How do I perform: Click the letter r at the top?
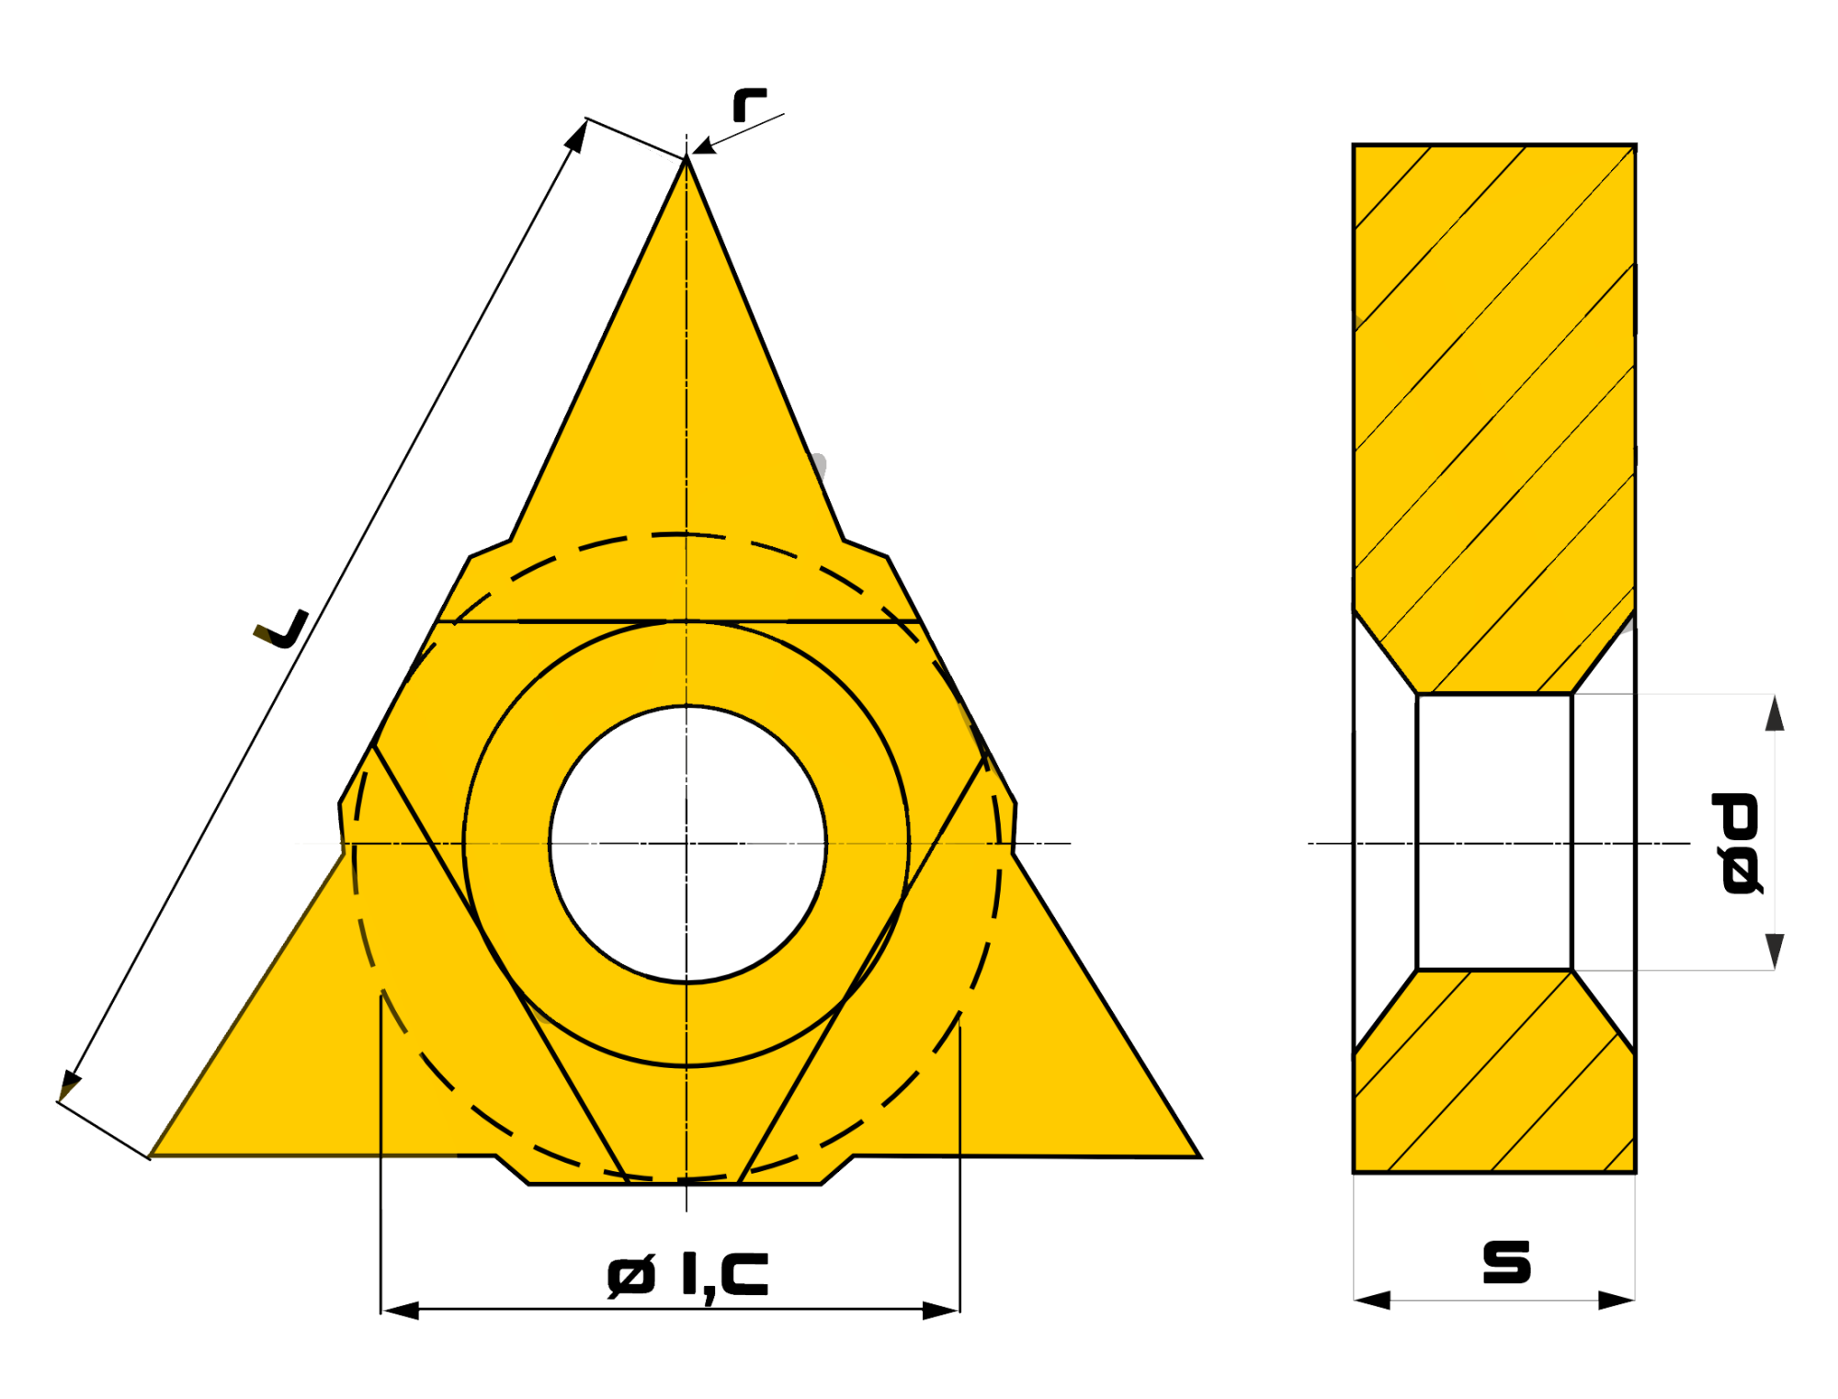[x=749, y=105]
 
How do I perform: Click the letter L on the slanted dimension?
[x=282, y=629]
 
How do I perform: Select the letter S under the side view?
[x=1507, y=1261]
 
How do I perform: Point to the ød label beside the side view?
[x=1739, y=842]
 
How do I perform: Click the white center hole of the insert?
[x=687, y=844]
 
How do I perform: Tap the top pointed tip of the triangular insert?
[x=686, y=158]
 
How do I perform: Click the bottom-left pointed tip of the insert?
[x=151, y=1155]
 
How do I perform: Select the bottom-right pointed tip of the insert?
[x=1200, y=1156]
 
